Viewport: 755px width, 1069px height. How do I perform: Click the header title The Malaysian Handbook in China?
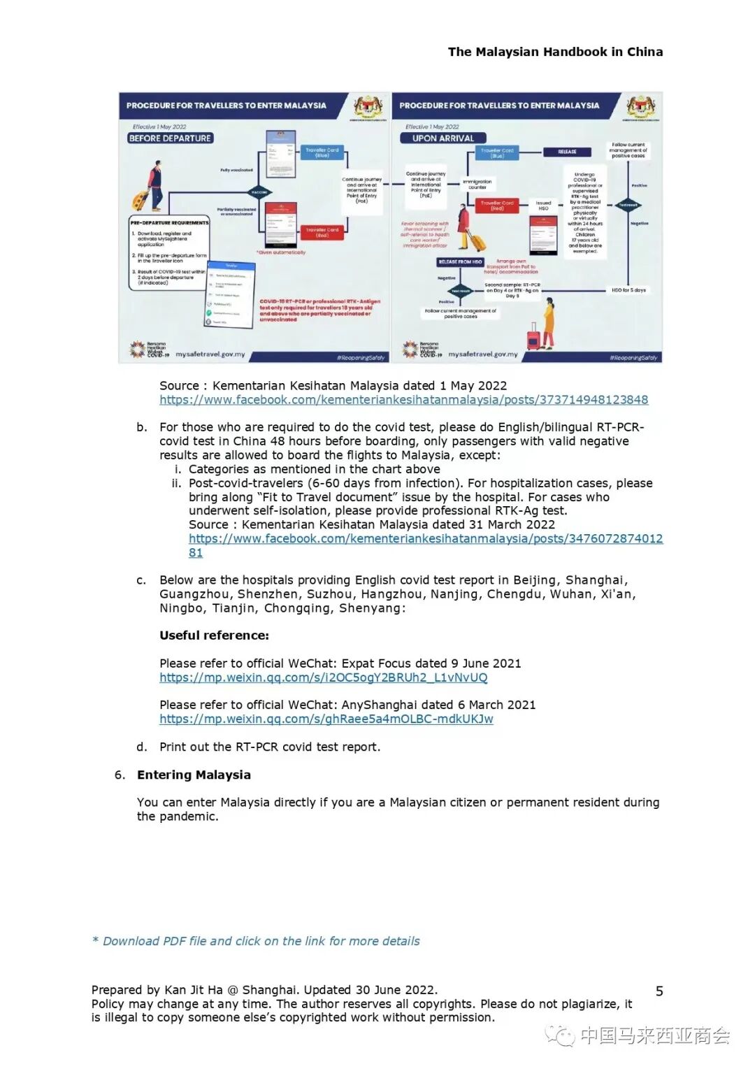pos(555,52)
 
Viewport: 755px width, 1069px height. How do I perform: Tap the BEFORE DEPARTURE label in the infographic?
pos(170,138)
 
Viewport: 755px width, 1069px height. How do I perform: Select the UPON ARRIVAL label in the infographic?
pos(443,138)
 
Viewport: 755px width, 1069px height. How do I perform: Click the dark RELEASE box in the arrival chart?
pos(567,152)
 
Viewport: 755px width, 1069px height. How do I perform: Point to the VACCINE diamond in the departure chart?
pos(259,192)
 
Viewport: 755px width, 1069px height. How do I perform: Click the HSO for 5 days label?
pos(628,289)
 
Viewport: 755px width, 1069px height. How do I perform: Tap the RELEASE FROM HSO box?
pos(460,262)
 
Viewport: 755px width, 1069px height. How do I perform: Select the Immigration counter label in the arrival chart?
pos(477,184)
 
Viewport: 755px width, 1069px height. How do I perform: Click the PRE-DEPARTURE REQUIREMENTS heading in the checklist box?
pos(170,223)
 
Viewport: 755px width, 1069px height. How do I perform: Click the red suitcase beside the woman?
pos(533,338)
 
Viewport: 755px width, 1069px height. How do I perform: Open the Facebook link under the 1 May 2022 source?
pos(403,400)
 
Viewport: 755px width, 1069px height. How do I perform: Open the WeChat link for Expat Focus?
pos(323,677)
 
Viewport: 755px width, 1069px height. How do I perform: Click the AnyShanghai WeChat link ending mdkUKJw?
pos(326,719)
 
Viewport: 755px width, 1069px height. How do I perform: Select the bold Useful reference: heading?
pos(214,636)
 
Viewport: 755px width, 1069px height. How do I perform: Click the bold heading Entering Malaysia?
pos(194,775)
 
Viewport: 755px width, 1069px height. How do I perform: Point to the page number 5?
pos(659,991)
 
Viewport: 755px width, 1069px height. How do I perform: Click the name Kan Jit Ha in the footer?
pos(194,990)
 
